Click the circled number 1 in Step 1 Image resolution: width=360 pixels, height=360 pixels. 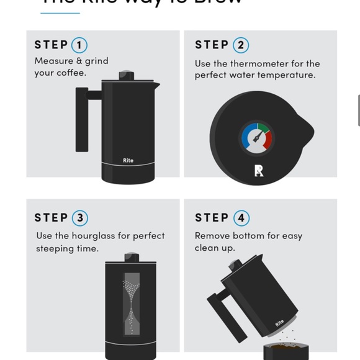[x=79, y=45]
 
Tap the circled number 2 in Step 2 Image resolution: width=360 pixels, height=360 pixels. [x=241, y=45]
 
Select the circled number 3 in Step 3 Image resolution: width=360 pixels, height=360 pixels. [x=79, y=218]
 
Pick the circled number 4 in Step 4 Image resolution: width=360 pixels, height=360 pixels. [x=241, y=218]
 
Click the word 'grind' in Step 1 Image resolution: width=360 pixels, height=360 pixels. [x=96, y=61]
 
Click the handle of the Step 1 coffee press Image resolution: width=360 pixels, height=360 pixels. [x=83, y=118]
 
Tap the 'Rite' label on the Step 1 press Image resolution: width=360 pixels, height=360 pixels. [x=128, y=161]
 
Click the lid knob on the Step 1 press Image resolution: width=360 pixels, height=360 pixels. [x=127, y=75]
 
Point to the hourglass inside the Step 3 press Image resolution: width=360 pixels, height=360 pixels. [x=131, y=305]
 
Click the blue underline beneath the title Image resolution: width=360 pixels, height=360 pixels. [x=60, y=12]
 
